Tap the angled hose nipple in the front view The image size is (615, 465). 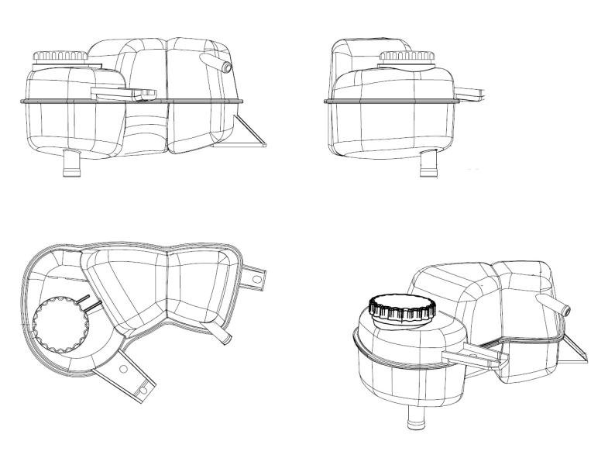pos(216,63)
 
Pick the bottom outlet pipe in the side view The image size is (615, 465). pos(427,162)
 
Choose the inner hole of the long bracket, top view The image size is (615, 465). pos(122,370)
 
